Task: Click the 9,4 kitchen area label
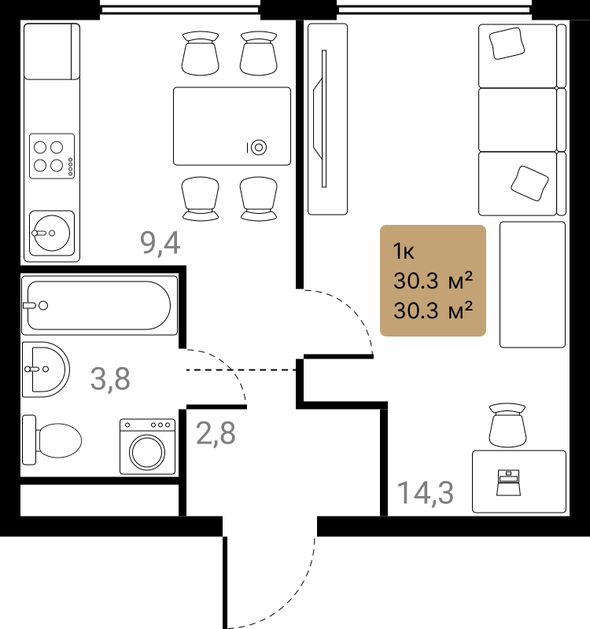click(160, 244)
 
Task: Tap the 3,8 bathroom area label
click(110, 379)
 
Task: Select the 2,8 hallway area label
click(216, 433)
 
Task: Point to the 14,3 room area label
click(425, 493)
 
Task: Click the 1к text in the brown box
click(404, 252)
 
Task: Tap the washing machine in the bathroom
click(147, 447)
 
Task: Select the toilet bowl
click(52, 440)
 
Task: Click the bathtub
click(100, 305)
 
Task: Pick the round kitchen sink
click(52, 233)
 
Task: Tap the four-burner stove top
click(52, 156)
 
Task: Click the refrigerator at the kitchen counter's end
click(52, 51)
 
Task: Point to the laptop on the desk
click(508, 483)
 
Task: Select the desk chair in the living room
click(507, 425)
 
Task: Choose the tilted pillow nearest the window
click(507, 43)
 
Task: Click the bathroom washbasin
click(46, 370)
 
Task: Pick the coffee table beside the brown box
click(533, 285)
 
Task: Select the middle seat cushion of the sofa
click(518, 120)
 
